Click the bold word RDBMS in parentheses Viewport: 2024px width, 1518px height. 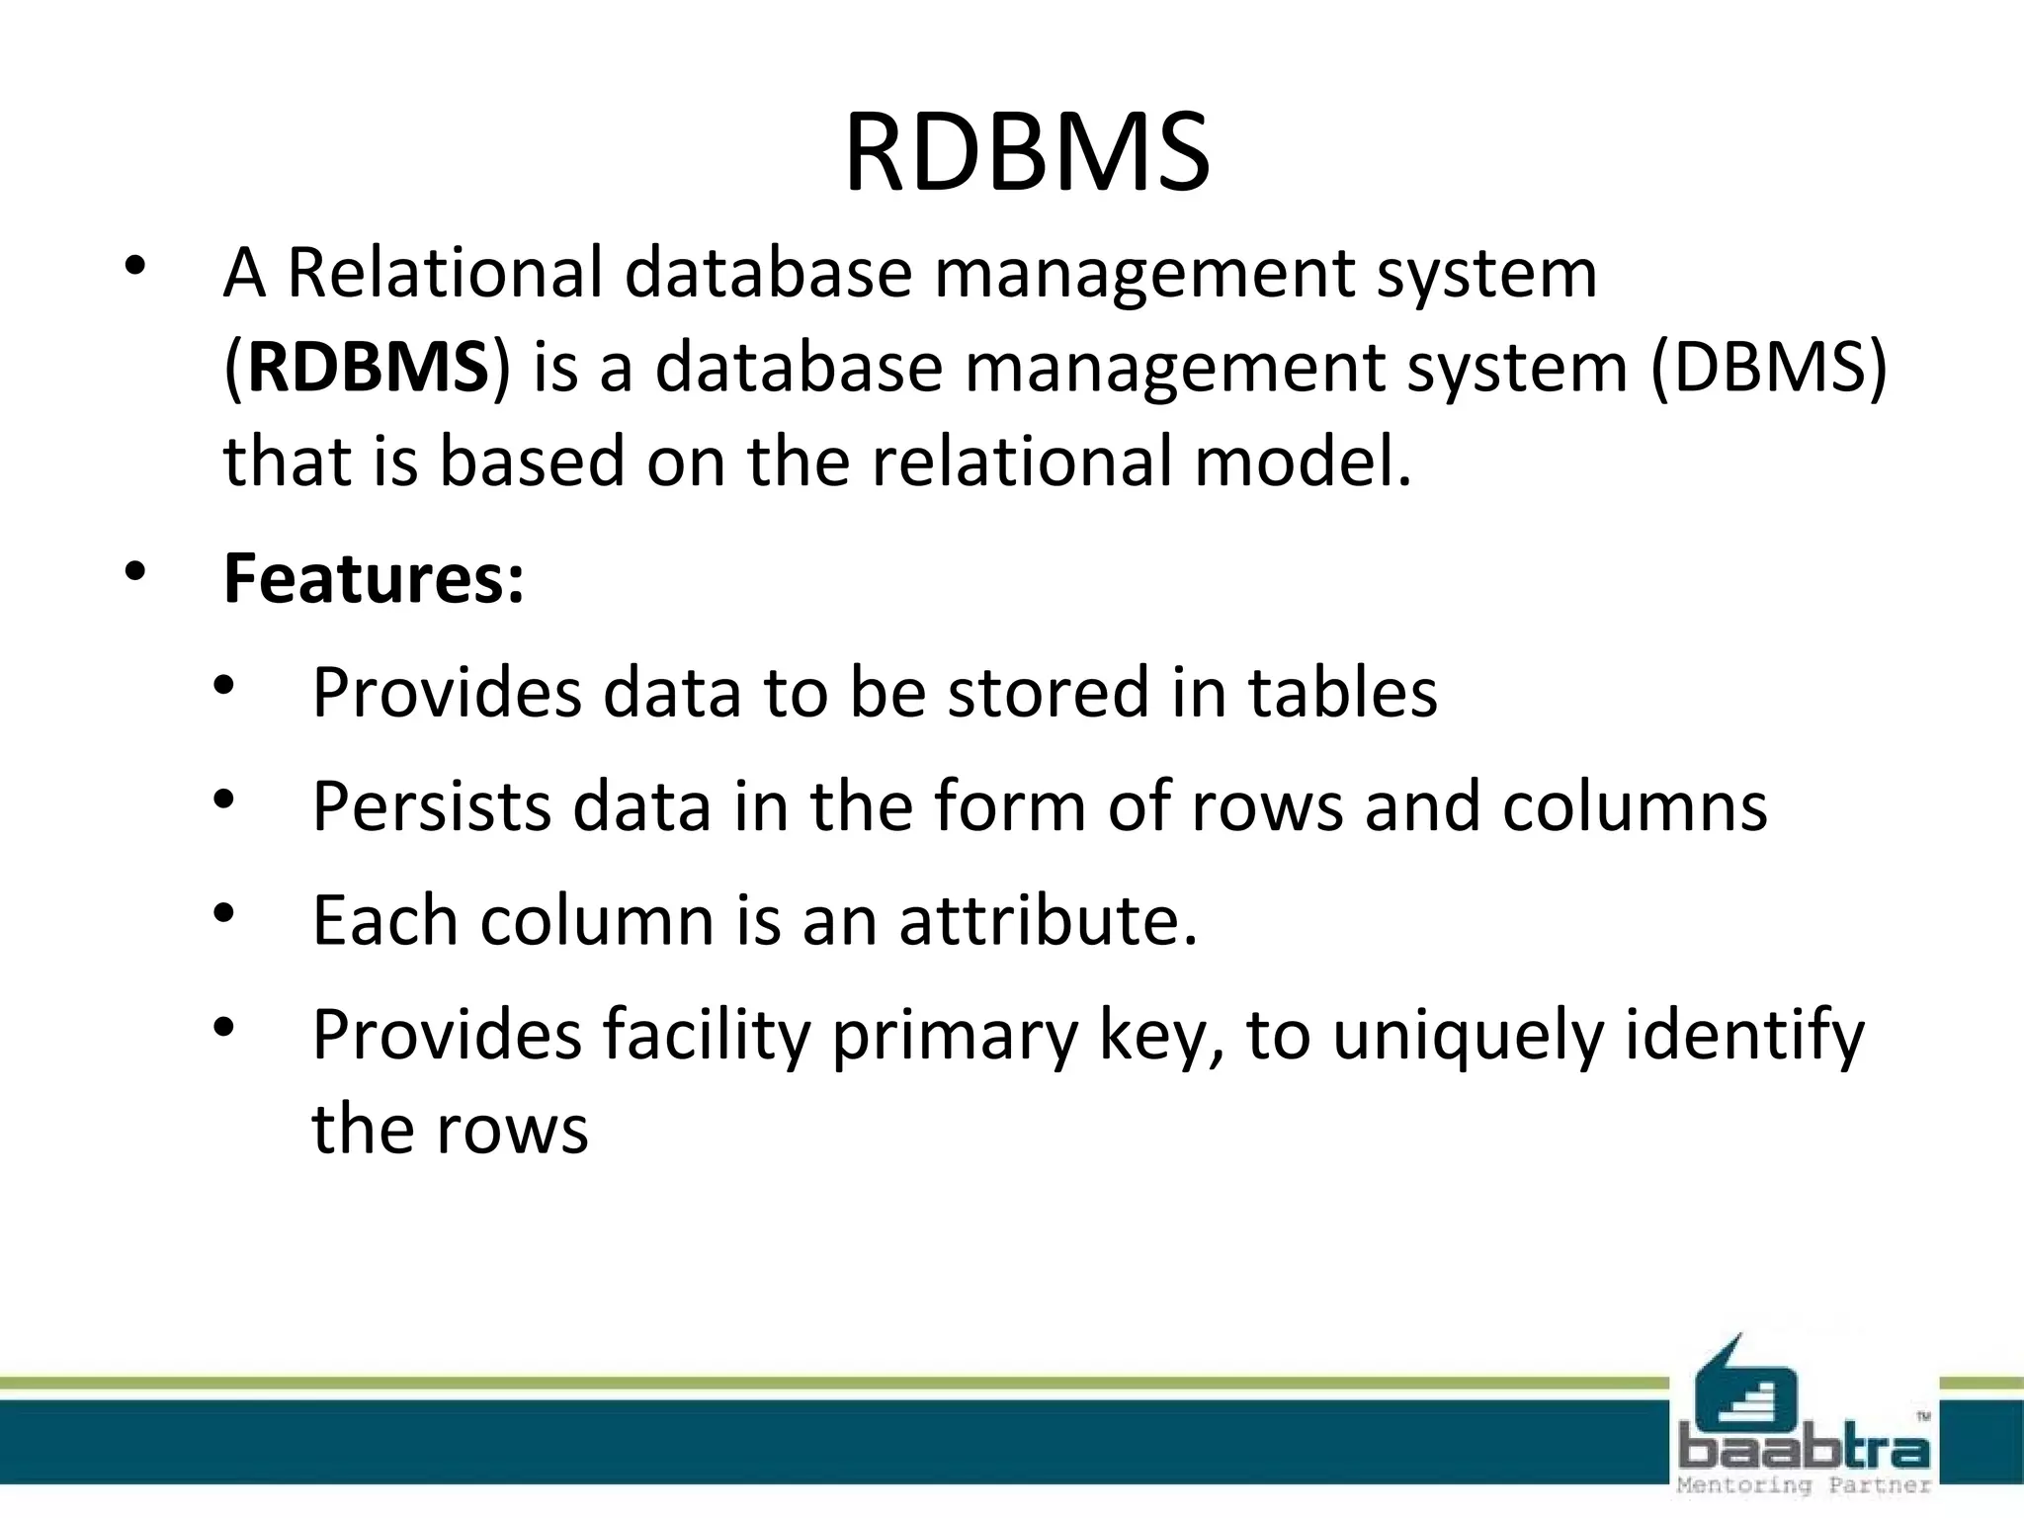tap(368, 367)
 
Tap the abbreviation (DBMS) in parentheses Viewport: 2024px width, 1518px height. tap(1768, 367)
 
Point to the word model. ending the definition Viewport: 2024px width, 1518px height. tap(1303, 462)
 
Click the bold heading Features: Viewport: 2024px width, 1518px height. tap(374, 578)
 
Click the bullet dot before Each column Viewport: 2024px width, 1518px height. tap(224, 913)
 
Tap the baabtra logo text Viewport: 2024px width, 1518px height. tap(1804, 1450)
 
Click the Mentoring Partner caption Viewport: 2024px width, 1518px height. tap(1804, 1485)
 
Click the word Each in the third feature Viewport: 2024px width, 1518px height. tap(385, 920)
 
